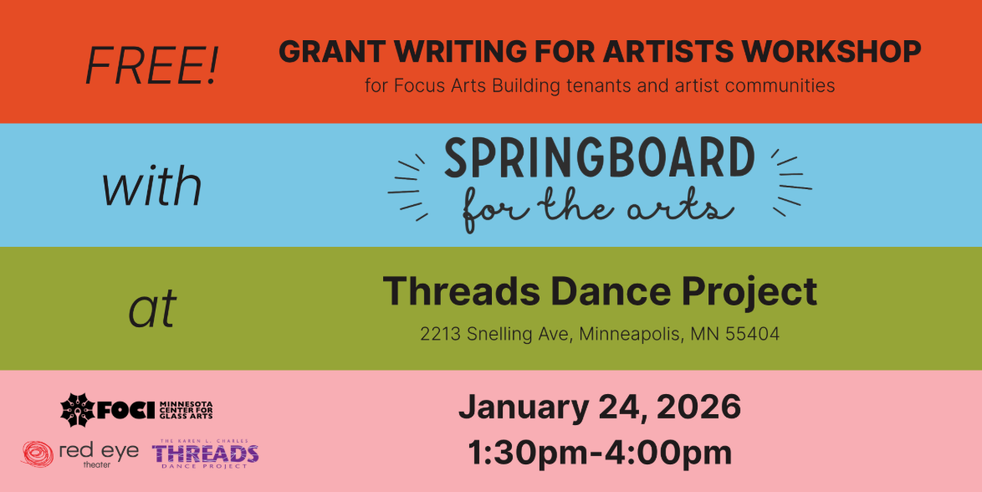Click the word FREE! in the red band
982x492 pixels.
[x=151, y=65]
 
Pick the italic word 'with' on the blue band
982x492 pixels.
[x=151, y=187]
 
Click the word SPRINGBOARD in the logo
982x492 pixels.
[x=599, y=159]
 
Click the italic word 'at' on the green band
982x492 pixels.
[x=152, y=310]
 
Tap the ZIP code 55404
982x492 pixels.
[x=752, y=335]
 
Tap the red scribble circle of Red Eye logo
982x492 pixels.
[x=37, y=454]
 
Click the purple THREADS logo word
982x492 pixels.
[x=205, y=454]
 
